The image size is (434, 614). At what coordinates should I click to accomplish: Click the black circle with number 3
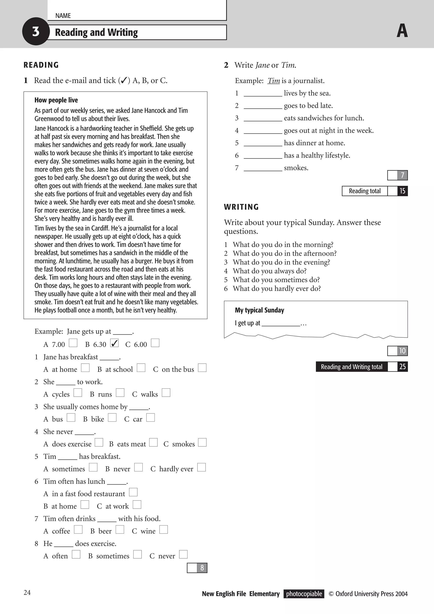(x=36, y=32)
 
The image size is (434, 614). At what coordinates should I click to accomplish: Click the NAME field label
(x=63, y=16)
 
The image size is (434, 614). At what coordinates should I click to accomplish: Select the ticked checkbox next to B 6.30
(x=114, y=343)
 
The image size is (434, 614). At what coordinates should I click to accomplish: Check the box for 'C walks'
(x=166, y=393)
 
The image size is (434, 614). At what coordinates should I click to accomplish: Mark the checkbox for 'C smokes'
(x=202, y=443)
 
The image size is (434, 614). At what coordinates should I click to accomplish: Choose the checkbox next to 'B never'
(x=138, y=468)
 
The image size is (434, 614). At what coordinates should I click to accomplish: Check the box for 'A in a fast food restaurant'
(x=133, y=492)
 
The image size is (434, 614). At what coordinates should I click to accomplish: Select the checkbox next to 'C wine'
(x=164, y=530)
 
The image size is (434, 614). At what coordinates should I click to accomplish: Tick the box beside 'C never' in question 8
(x=183, y=555)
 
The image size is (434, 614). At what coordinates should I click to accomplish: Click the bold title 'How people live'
(x=56, y=100)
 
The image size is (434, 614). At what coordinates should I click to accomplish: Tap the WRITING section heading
(x=241, y=207)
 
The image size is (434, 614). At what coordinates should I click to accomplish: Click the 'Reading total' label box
(x=364, y=191)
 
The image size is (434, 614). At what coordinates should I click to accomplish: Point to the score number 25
(x=402, y=367)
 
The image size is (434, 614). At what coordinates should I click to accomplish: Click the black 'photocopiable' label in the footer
(x=304, y=594)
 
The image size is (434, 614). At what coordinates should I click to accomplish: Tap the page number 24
(x=27, y=593)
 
